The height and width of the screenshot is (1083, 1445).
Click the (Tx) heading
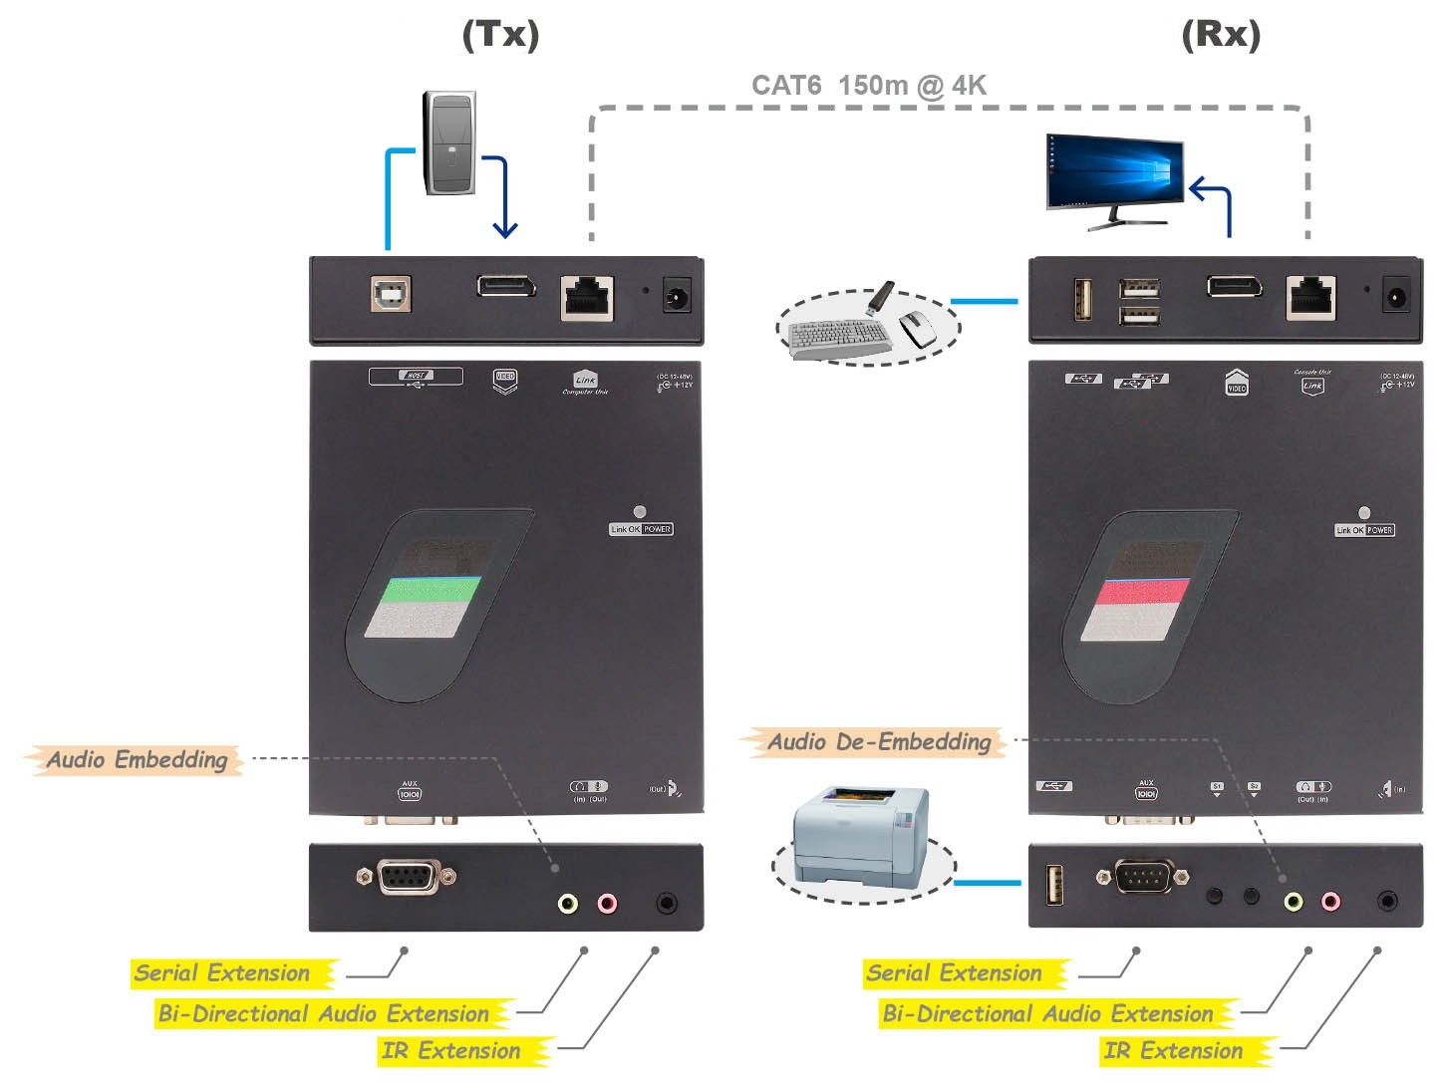500,35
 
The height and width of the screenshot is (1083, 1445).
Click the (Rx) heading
1220,35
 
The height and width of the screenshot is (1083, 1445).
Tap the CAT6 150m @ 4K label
868,86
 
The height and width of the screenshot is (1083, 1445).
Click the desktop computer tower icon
449,142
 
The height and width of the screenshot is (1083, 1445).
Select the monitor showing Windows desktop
1114,174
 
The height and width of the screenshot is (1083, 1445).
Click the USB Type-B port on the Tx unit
391,293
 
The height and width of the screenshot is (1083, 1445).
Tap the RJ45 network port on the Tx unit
587,297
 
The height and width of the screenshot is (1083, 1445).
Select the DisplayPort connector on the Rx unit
1234,287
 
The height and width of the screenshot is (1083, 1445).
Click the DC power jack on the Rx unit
1395,297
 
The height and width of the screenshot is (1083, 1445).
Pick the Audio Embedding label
137,760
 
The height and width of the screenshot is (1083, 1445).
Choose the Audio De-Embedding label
878,742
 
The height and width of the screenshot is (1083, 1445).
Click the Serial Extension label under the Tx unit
222,973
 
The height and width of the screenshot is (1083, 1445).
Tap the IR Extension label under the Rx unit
1174,1051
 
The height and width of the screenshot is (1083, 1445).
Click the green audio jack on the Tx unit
567,904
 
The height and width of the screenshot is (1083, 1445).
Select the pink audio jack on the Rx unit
1330,902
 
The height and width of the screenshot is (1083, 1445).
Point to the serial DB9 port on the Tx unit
408,877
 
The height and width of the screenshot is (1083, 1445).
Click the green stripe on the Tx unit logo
432,589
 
